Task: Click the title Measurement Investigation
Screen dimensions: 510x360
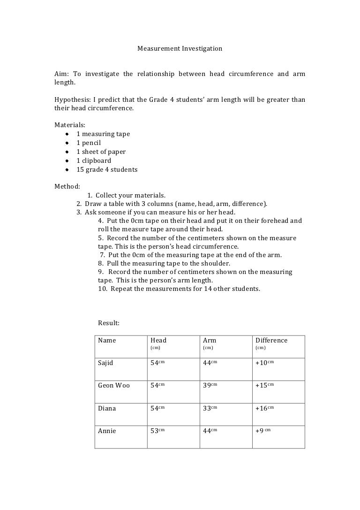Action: pyautogui.click(x=180, y=48)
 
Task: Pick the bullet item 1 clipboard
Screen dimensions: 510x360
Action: pyautogui.click(x=94, y=161)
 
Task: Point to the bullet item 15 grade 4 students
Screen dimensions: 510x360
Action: pyautogui.click(x=107, y=170)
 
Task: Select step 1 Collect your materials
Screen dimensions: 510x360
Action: pyautogui.click(x=126, y=195)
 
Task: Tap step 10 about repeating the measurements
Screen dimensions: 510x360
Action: pyautogui.click(x=179, y=289)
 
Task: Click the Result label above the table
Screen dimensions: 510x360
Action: pyautogui.click(x=109, y=323)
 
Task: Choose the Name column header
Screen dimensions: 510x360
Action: pyautogui.click(x=107, y=341)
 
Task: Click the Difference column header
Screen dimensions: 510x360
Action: pyautogui.click(x=271, y=341)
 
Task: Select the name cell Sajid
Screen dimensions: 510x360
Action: pyautogui.click(x=105, y=363)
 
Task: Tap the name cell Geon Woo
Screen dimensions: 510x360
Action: pyautogui.click(x=113, y=386)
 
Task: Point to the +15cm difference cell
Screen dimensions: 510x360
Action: pyautogui.click(x=264, y=386)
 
